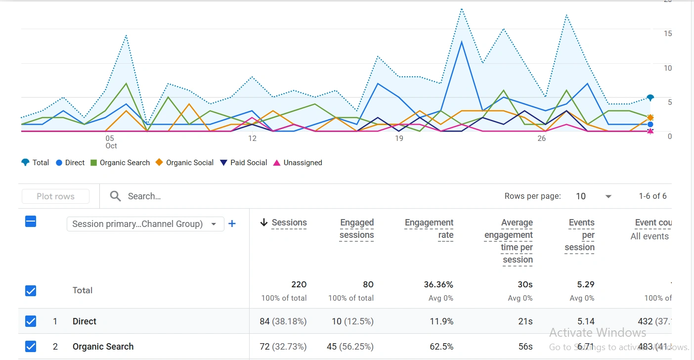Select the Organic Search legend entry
(120, 163)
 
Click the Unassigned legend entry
(298, 163)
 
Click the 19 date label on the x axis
(399, 138)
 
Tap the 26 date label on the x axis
(541, 138)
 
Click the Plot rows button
(55, 196)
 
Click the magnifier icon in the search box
(115, 196)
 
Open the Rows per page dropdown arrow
(608, 196)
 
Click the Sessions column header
(289, 223)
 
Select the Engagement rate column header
(429, 228)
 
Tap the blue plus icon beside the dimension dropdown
(232, 224)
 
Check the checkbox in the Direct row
(31, 321)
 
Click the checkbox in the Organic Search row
(31, 347)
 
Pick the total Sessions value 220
(299, 284)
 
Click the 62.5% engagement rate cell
(441, 347)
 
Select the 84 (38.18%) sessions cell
(283, 321)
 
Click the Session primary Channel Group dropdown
(145, 224)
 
